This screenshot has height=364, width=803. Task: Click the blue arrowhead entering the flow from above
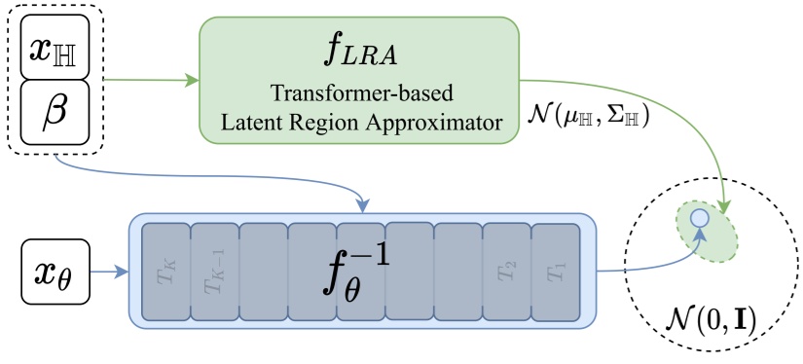(x=362, y=206)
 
